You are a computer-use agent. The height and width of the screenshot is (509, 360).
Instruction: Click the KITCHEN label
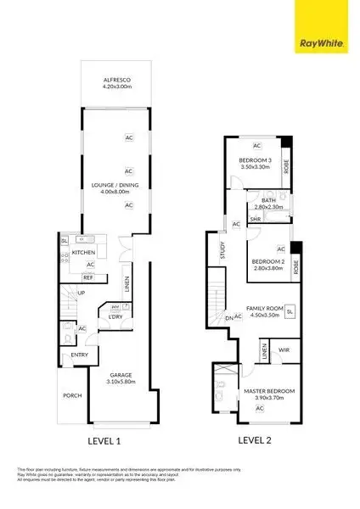tap(83, 253)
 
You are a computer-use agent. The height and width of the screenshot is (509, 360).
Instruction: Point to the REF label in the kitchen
tap(87, 277)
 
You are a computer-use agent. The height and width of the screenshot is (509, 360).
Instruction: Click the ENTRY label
tap(80, 355)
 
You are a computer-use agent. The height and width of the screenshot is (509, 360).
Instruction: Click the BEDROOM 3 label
tap(255, 160)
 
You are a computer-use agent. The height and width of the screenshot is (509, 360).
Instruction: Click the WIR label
tap(284, 349)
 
